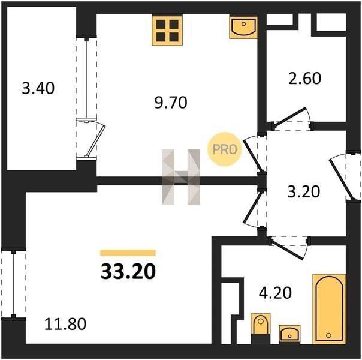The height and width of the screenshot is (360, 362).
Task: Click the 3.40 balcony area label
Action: pyautogui.click(x=38, y=88)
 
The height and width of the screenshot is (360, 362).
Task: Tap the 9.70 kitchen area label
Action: pyautogui.click(x=171, y=103)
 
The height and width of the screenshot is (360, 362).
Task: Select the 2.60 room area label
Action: pyautogui.click(x=304, y=78)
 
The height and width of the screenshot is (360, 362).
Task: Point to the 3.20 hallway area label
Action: pyautogui.click(x=304, y=191)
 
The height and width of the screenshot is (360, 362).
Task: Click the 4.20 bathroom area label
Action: pyautogui.click(x=275, y=293)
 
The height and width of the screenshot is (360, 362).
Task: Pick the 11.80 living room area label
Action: pyautogui.click(x=65, y=324)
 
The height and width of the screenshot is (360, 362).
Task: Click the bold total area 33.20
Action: pyautogui.click(x=128, y=271)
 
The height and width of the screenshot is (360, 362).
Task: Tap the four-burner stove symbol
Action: pyautogui.click(x=167, y=30)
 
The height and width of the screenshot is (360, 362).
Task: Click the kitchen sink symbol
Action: pyautogui.click(x=243, y=27)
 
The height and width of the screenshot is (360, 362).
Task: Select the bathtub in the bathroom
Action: pyautogui.click(x=329, y=308)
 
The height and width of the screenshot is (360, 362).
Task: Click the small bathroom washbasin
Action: pyautogui.click(x=289, y=334)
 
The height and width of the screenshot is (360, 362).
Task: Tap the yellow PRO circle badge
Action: pyautogui.click(x=224, y=149)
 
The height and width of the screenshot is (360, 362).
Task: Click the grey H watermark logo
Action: pyautogui.click(x=181, y=177)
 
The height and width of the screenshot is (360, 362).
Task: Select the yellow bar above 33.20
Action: pyautogui.click(x=128, y=253)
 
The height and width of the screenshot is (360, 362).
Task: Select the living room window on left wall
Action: pyautogui.click(x=13, y=284)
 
